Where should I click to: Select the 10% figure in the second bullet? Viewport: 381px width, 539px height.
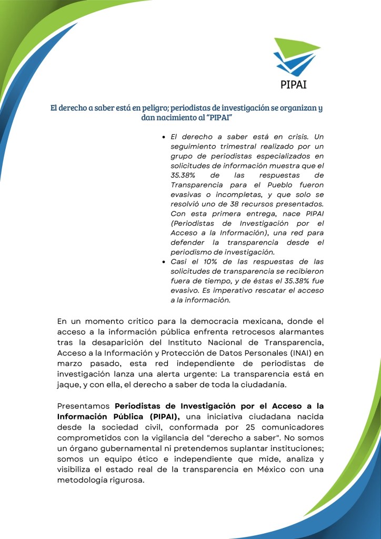(200, 262)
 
